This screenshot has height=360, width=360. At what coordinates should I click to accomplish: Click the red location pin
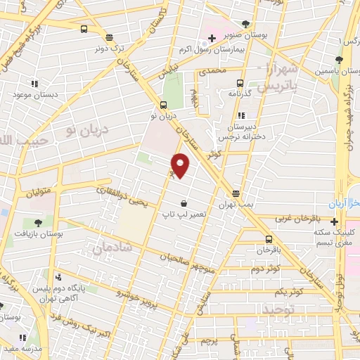click(x=181, y=165)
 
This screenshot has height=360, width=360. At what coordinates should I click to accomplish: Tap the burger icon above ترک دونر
click(x=109, y=37)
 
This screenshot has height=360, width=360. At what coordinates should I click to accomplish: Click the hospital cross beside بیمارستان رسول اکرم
click(x=212, y=37)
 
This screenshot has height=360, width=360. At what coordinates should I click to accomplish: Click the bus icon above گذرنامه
click(x=240, y=82)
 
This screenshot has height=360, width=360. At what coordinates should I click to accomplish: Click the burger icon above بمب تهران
click(x=236, y=193)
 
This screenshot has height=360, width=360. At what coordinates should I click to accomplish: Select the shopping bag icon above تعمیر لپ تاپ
click(x=184, y=203)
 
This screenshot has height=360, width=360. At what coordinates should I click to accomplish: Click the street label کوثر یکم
click(x=288, y=291)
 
